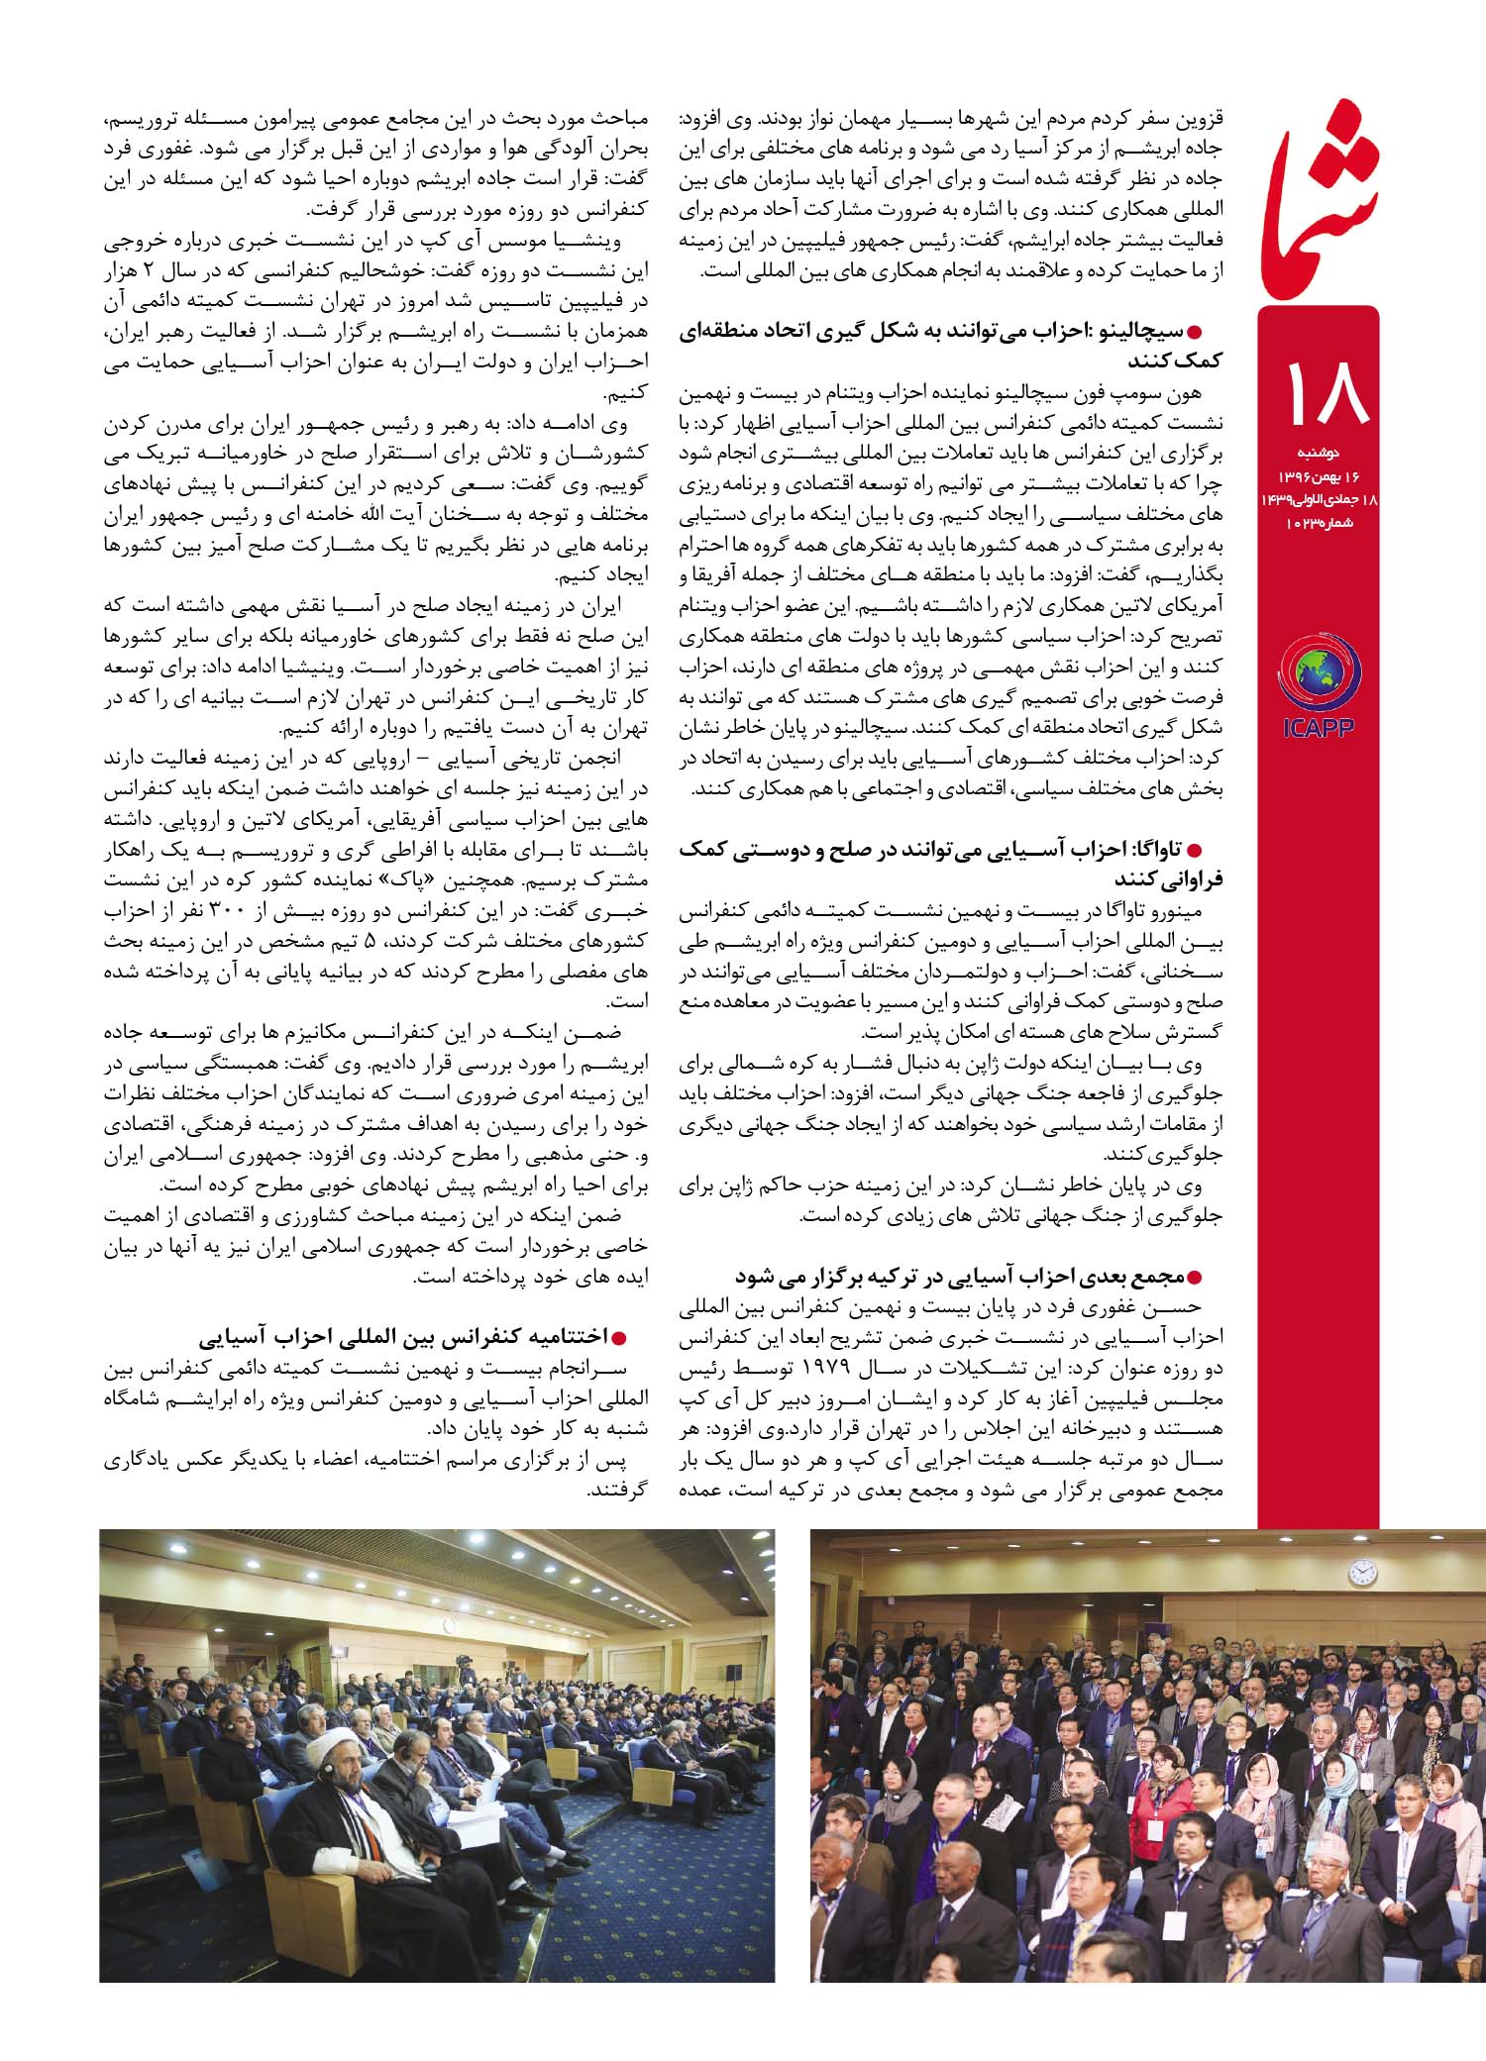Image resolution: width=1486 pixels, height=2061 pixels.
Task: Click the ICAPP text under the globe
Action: (1318, 728)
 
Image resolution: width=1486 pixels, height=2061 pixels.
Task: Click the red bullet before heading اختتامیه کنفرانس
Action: (621, 1339)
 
